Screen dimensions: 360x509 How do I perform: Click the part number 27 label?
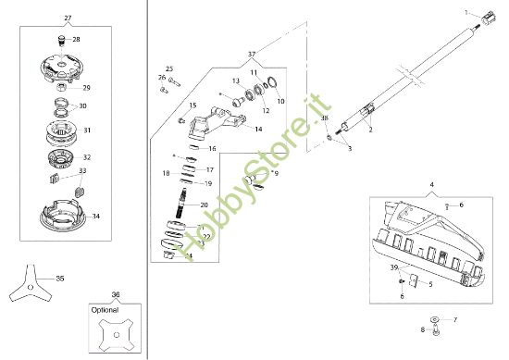pos(68,19)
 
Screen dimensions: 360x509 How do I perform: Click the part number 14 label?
pos(259,130)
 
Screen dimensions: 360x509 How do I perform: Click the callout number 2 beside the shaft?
pos(369,131)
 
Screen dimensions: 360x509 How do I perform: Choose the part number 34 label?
pos(96,216)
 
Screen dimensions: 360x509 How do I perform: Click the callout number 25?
pos(169,69)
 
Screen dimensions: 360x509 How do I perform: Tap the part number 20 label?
pos(205,205)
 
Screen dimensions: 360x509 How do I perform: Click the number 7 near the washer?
pos(454,318)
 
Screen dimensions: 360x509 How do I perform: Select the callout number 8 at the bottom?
pos(422,329)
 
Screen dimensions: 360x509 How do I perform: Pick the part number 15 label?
pos(192,106)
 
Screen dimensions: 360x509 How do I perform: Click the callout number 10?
pos(280,100)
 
